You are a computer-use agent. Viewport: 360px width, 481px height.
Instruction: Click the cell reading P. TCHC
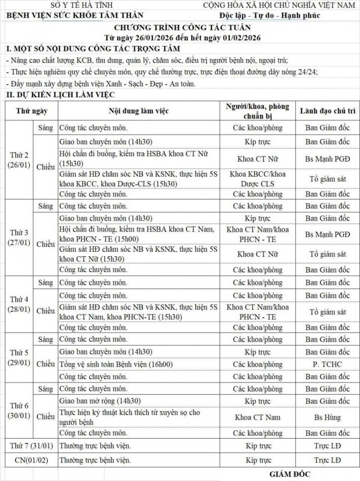pyautogui.click(x=326, y=364)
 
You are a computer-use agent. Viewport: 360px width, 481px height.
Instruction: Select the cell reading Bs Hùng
pyautogui.click(x=326, y=417)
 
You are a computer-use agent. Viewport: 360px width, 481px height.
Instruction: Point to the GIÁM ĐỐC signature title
pyautogui.click(x=290, y=474)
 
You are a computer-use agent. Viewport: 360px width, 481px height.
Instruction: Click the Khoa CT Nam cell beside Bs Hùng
pyautogui.click(x=257, y=417)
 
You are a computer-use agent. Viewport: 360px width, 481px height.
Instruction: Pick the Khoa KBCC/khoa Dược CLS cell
pyautogui.click(x=257, y=178)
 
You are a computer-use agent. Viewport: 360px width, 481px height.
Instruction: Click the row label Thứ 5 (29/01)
pyautogui.click(x=19, y=358)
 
